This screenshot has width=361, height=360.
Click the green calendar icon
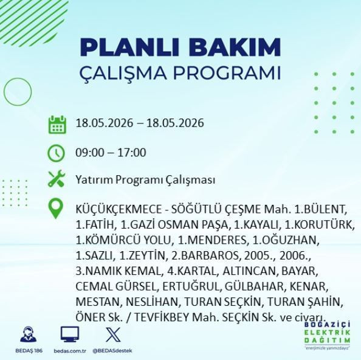[57, 125]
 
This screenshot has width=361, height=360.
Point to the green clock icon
[56, 153]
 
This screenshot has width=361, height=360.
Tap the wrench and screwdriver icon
[57, 178]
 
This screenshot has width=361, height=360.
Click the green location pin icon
[56, 209]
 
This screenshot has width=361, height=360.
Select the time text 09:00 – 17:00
[111, 153]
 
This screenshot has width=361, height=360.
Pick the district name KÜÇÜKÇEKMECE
[119, 209]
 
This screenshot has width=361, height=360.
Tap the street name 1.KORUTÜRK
[320, 225]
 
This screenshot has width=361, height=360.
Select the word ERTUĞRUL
[191, 286]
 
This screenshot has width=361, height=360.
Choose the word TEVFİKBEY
[162, 317]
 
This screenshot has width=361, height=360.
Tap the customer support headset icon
[29, 334]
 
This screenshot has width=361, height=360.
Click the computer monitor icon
[70, 334]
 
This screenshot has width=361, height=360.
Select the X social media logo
[113, 335]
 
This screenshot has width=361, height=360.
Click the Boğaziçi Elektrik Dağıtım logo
[327, 335]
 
